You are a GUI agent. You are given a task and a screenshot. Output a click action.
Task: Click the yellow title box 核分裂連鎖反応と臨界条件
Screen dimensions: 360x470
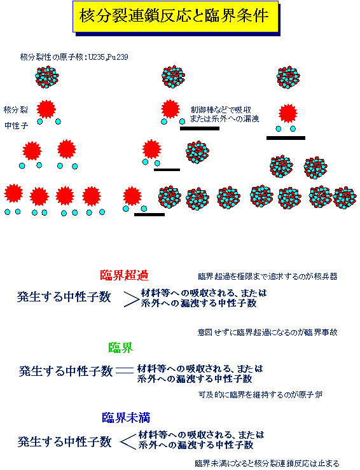click(176, 16)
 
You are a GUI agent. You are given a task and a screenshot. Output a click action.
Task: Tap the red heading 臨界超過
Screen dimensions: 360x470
click(124, 275)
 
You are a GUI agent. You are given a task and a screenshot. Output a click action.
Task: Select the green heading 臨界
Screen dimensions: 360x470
click(120, 348)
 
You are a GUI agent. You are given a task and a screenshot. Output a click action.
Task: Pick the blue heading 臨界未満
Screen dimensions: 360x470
click(126, 417)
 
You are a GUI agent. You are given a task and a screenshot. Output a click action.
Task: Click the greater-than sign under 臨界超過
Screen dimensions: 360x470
click(131, 298)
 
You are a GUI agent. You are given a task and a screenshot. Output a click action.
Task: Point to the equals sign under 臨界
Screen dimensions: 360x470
click(125, 371)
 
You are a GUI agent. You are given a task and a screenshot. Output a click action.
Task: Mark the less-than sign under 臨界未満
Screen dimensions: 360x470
click(128, 442)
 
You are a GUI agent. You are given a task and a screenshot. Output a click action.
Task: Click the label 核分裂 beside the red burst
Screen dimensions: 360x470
click(16, 109)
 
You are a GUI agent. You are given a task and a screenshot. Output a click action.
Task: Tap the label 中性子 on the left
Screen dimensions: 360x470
click(17, 125)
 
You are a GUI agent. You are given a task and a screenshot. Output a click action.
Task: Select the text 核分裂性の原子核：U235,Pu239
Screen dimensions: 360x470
click(74, 57)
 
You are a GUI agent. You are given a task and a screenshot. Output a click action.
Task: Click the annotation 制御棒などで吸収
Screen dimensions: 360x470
click(221, 109)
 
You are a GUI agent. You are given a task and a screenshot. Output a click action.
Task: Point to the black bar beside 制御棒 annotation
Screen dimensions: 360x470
click(200, 128)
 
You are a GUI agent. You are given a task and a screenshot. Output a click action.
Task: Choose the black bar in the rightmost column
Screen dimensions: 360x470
click(286, 138)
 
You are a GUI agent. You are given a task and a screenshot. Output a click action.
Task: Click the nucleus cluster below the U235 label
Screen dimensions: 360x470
click(47, 77)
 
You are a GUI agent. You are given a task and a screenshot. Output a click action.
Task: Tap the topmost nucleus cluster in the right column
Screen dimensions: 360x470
click(288, 77)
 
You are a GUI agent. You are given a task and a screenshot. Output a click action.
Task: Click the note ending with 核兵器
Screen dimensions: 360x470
click(268, 277)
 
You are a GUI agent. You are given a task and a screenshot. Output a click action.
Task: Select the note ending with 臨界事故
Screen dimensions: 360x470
click(268, 332)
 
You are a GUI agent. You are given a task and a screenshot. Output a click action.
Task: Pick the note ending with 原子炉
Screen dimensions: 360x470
click(261, 394)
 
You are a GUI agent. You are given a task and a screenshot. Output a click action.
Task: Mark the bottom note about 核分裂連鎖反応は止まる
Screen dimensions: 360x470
click(267, 464)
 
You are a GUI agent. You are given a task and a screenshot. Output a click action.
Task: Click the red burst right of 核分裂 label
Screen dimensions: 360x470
click(46, 109)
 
